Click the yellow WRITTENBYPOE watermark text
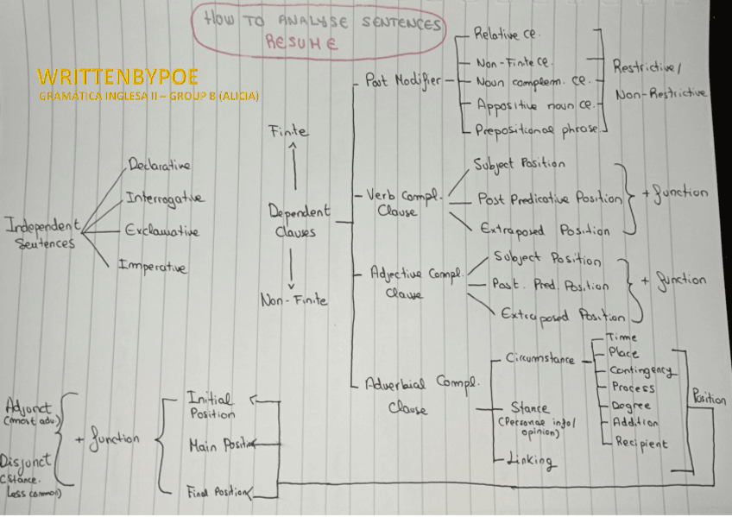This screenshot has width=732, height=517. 104,76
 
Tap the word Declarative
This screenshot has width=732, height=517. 160,164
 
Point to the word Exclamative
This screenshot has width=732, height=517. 161,231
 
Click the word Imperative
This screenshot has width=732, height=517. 152,266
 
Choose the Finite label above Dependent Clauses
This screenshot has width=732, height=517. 288,132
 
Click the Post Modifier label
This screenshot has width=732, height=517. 402,80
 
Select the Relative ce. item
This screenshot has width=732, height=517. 507,36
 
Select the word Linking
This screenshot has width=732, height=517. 529,460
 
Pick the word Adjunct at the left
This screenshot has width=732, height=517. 28,406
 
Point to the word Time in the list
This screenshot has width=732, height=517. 622,337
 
